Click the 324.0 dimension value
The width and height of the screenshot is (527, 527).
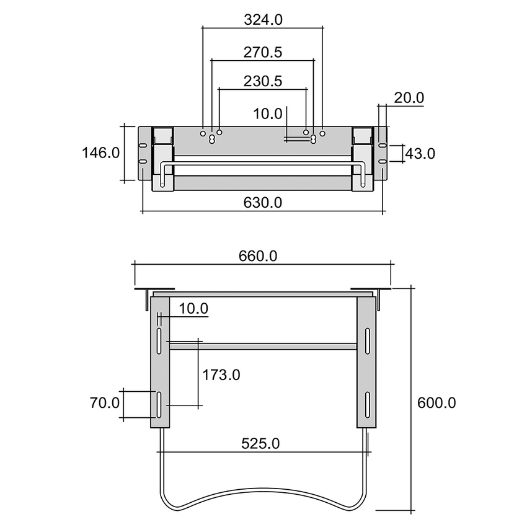(x=263, y=19)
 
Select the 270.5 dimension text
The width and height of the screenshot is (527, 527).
(x=263, y=53)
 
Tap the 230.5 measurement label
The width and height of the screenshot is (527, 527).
(x=263, y=81)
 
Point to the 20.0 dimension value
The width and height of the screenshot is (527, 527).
(x=409, y=97)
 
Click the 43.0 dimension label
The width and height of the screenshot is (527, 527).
(x=420, y=153)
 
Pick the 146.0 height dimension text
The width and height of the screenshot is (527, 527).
(x=100, y=153)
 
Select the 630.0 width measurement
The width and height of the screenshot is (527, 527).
(x=263, y=202)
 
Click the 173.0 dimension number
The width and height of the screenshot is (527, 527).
(x=221, y=374)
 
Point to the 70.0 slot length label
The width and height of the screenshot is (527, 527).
(x=104, y=403)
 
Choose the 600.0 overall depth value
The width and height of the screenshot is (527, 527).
(x=436, y=403)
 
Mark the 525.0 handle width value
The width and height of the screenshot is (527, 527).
(x=261, y=443)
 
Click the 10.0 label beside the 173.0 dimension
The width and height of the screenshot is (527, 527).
(x=193, y=308)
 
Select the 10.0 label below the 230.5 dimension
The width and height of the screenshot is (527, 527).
(x=268, y=113)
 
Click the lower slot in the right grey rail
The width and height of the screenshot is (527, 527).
(x=367, y=404)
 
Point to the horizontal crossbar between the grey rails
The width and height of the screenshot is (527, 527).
(x=263, y=347)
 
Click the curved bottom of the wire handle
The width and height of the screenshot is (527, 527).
(x=263, y=496)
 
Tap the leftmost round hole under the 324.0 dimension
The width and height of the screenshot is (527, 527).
(x=203, y=133)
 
